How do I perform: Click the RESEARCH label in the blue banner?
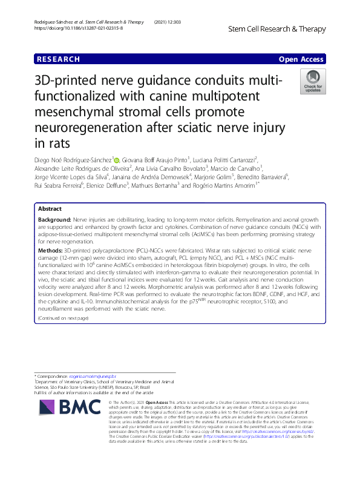pyautogui.click(x=58, y=59)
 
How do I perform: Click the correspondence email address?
pyautogui.click(x=105, y=376)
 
